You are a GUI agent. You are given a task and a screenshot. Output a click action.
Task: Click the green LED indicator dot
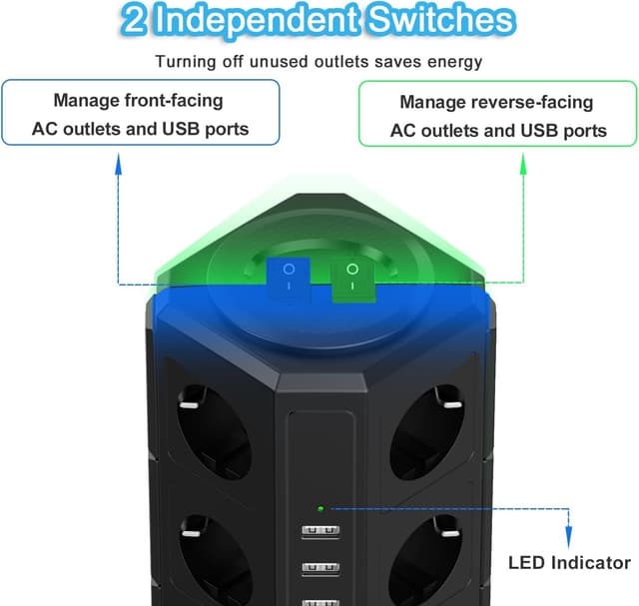[320, 508]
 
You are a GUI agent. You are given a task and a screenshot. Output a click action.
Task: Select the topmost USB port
[319, 530]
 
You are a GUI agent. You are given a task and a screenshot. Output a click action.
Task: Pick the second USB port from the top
[319, 568]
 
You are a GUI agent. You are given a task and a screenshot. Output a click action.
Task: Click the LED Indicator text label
[570, 562]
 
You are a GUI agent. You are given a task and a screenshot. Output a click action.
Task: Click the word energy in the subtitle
[456, 62]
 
